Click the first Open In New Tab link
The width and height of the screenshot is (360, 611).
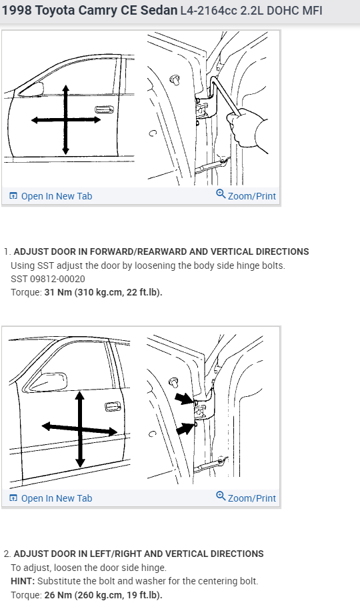point(51,196)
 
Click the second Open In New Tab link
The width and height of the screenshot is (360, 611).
point(51,498)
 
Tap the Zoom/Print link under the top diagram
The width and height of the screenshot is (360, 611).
point(252,196)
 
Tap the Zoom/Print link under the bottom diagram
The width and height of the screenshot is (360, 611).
point(252,498)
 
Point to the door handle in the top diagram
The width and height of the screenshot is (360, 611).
point(105,109)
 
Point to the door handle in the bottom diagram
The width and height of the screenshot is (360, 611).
point(113,407)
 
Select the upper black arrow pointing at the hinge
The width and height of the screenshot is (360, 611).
point(184,399)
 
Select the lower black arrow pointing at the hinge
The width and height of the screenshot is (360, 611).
point(185,429)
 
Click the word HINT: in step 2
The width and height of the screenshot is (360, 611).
point(23,581)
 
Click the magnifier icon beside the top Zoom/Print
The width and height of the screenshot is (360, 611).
point(221,193)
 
